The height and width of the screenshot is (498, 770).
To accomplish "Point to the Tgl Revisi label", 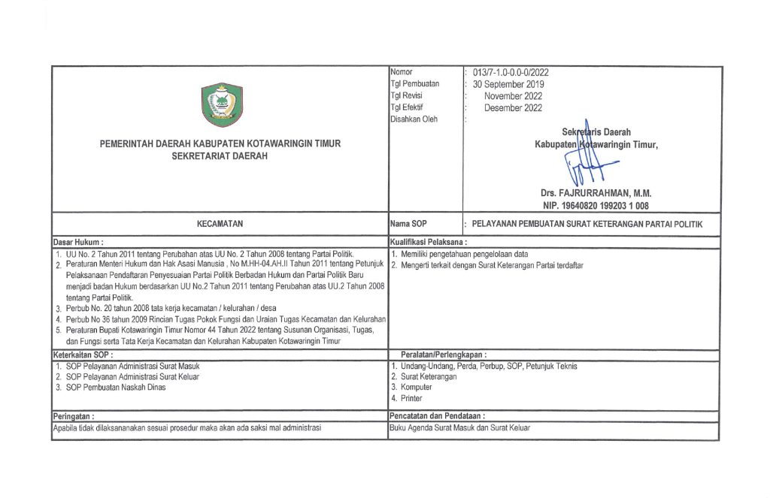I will point(408,96).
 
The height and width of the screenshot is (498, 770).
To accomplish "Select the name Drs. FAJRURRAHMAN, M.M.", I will point(596,193).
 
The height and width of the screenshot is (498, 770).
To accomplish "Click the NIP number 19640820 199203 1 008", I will point(596,205).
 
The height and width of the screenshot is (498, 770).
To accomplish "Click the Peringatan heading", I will point(73,415).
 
